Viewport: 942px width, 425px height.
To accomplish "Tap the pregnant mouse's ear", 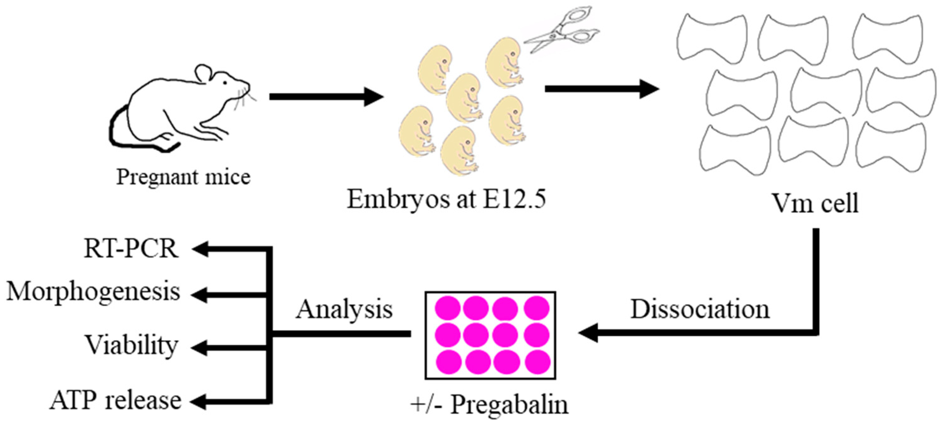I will tap(203, 73).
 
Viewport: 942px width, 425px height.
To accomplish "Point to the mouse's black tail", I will tap(121, 131).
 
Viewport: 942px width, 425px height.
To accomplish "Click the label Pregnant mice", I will tap(183, 178).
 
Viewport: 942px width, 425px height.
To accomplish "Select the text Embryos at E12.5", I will tap(446, 200).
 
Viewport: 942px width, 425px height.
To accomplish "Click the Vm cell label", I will tap(815, 203).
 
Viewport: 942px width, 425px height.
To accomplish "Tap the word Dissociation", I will tap(700, 310).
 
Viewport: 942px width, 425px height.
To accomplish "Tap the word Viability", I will tap(132, 345).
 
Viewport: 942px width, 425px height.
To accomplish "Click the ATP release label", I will tap(116, 400).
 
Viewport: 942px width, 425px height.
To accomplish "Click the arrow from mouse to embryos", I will tap(325, 96).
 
